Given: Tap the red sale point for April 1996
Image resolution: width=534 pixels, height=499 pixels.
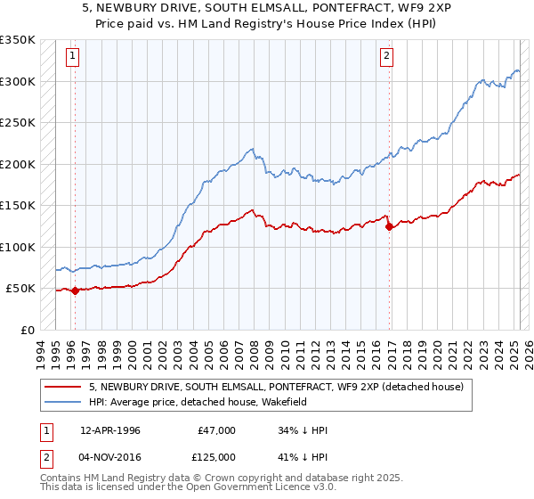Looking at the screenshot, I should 75,290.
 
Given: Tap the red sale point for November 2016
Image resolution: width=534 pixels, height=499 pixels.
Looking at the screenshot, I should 389,226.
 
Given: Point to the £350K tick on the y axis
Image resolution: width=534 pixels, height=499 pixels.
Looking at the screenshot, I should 18,40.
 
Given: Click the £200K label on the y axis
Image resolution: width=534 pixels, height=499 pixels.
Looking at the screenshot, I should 18,164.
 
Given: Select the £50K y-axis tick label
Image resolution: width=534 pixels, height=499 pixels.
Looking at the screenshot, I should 20,289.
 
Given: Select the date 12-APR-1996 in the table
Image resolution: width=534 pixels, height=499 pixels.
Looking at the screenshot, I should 109,430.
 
